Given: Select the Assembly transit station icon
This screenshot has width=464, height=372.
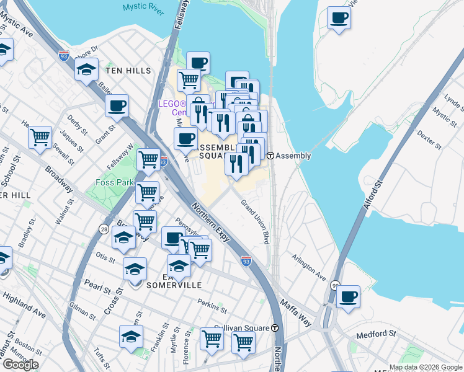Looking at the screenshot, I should pos(270,156).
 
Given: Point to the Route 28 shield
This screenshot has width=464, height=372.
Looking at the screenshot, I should pos(104,229).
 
